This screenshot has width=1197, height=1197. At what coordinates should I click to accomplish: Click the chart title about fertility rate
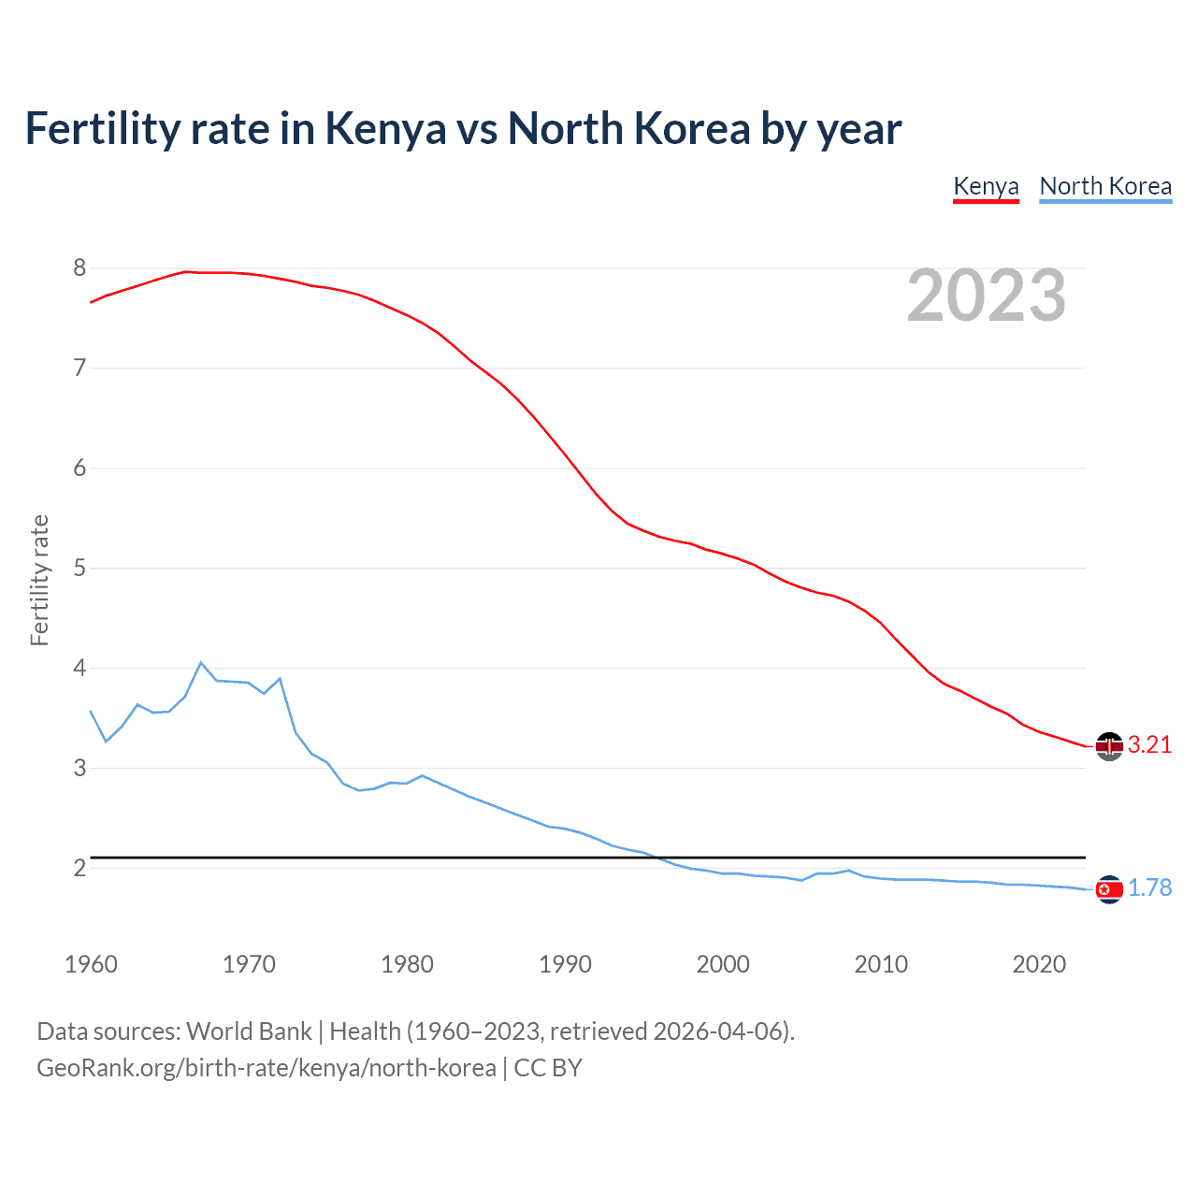tap(463, 128)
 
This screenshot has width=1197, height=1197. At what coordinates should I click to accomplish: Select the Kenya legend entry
tap(986, 186)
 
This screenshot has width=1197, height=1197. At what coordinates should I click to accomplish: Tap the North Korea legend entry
tap(1105, 186)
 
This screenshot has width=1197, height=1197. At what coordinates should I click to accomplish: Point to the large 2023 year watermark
tap(986, 296)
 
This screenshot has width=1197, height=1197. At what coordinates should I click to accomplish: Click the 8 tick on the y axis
tap(79, 268)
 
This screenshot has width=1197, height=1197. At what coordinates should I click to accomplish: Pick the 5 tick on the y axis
tap(79, 568)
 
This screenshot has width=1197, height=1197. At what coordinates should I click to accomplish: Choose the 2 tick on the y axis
tap(79, 868)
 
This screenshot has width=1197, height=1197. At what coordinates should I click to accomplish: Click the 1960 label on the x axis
tap(91, 964)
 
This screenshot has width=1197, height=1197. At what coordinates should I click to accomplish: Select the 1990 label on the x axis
tap(565, 964)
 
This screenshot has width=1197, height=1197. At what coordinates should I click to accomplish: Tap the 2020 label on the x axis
tap(1039, 964)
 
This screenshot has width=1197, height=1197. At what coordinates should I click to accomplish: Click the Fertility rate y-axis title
tap(39, 580)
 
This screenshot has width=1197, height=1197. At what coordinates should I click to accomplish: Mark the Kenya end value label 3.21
tap(1149, 744)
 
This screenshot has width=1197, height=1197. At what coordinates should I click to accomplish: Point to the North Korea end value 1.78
tap(1149, 887)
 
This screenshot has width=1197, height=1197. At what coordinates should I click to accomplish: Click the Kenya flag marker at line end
tap(1109, 745)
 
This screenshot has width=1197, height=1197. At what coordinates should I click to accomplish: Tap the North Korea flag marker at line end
tap(1109, 889)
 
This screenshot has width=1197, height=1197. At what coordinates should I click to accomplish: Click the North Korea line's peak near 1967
tap(201, 662)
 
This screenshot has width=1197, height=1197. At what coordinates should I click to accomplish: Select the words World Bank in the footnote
tap(249, 1031)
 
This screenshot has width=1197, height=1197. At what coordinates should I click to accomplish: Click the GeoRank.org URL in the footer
tap(267, 1068)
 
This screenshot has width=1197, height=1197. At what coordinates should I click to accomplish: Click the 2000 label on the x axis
tap(723, 964)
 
